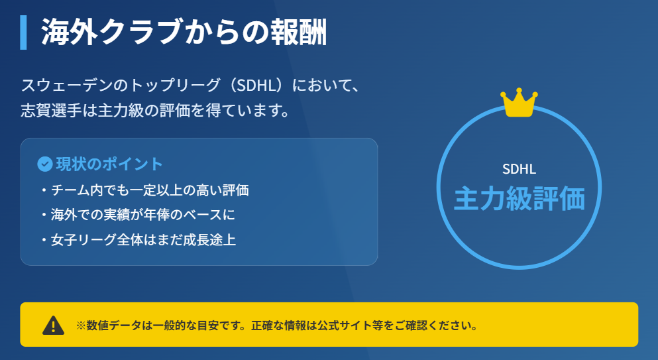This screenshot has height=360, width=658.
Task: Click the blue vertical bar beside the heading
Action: (x=23, y=32)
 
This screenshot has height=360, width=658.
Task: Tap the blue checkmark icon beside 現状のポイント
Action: (x=45, y=164)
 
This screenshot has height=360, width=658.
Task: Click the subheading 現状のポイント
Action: (x=109, y=164)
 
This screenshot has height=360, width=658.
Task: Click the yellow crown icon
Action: (x=519, y=103)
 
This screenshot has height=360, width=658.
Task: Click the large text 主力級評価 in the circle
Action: (x=519, y=199)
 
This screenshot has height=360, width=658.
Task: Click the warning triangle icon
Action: (x=53, y=326)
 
